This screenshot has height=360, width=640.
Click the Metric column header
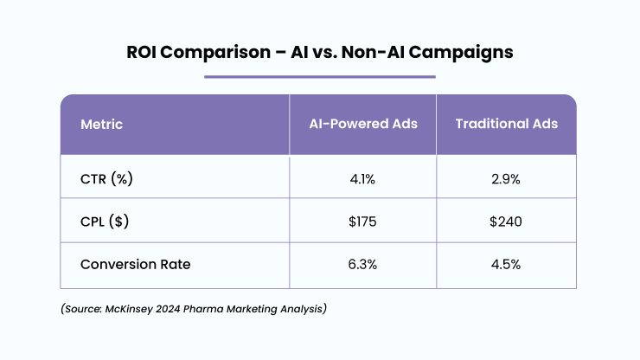tap(102, 125)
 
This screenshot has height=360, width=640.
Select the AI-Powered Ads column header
tap(363, 124)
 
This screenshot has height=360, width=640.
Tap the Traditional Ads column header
tap(507, 124)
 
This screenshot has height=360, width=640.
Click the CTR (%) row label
tap(106, 179)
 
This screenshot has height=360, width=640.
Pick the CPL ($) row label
tap(105, 222)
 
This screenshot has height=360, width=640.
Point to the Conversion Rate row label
tap(136, 265)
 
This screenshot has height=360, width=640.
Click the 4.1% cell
tap(362, 179)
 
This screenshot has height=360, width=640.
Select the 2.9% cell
tap(506, 179)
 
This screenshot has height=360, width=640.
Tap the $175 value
tap(362, 222)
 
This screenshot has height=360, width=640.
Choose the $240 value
tap(506, 222)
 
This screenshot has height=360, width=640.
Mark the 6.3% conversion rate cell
tap(362, 265)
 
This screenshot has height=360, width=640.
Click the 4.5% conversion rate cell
tap(506, 265)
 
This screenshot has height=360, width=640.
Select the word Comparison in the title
tap(215, 53)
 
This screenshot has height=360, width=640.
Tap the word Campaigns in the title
tap(461, 53)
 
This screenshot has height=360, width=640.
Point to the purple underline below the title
tap(320, 76)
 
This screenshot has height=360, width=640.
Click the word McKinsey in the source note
tap(129, 309)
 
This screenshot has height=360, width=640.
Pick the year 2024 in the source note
tap(168, 309)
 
